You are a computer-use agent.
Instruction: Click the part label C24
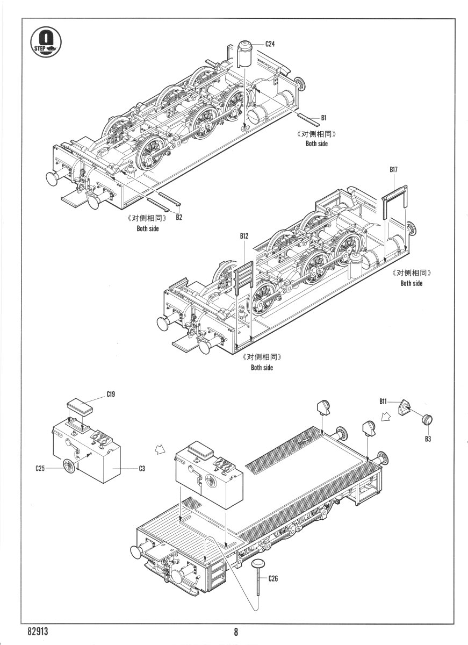click(x=270, y=44)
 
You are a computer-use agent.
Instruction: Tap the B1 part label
click(x=324, y=117)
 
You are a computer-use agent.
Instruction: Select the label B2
click(x=179, y=217)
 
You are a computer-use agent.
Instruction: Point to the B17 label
click(x=394, y=169)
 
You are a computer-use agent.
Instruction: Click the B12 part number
click(x=244, y=236)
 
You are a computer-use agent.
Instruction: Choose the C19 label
click(x=111, y=394)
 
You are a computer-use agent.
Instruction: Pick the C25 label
click(x=40, y=468)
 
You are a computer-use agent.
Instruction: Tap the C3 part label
click(x=142, y=468)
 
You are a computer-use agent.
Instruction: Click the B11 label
click(x=383, y=401)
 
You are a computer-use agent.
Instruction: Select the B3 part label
click(x=428, y=439)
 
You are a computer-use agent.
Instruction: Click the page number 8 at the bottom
click(x=235, y=632)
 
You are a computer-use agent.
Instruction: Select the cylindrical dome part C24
click(x=247, y=53)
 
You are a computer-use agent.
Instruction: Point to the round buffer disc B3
click(x=428, y=420)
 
